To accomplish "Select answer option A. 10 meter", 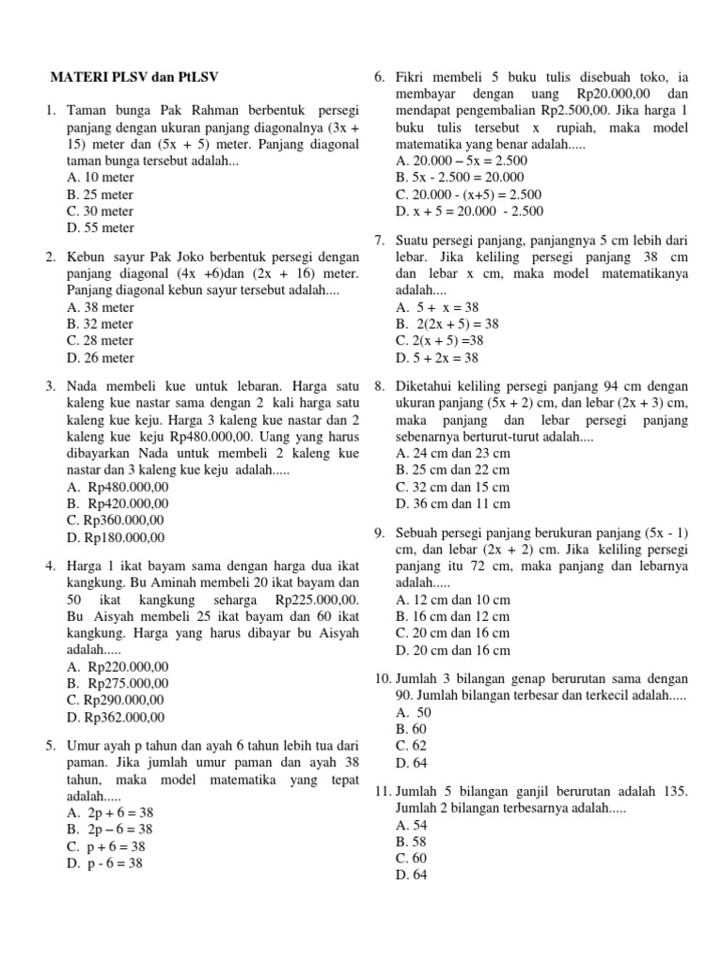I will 101,177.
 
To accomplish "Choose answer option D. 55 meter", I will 101,227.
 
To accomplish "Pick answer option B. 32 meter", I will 101,324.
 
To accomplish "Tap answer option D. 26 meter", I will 101,358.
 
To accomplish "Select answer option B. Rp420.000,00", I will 118,504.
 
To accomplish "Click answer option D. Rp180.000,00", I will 117,537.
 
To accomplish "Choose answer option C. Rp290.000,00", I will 117,700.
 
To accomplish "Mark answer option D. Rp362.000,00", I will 117,717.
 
